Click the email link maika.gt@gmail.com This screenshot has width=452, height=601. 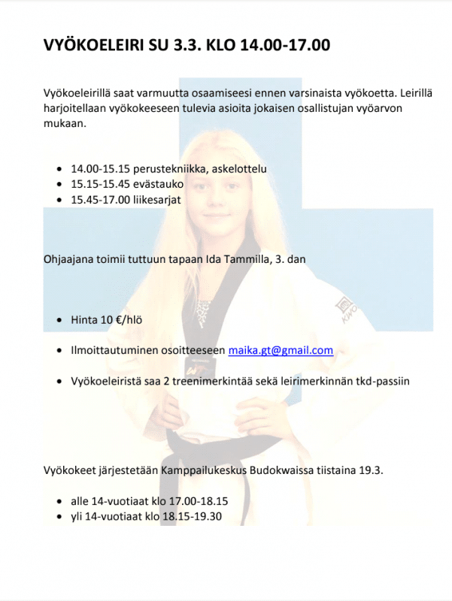(280, 351)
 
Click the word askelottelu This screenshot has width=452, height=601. (234, 169)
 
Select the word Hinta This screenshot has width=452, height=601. (84, 320)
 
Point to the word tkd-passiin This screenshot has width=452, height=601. (381, 381)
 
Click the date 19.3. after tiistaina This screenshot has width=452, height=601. (370, 471)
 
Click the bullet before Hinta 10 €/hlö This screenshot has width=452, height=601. (60, 321)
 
